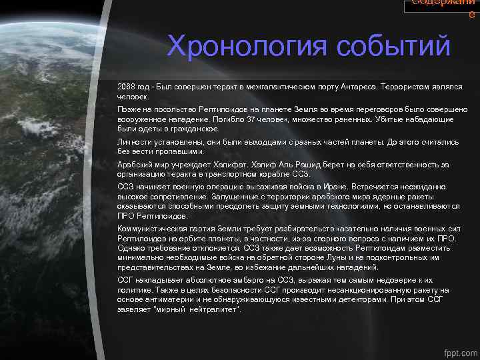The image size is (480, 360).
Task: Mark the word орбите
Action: pyautogui.click(x=206, y=238)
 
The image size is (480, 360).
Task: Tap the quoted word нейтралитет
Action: pyautogui.click(x=211, y=309)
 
